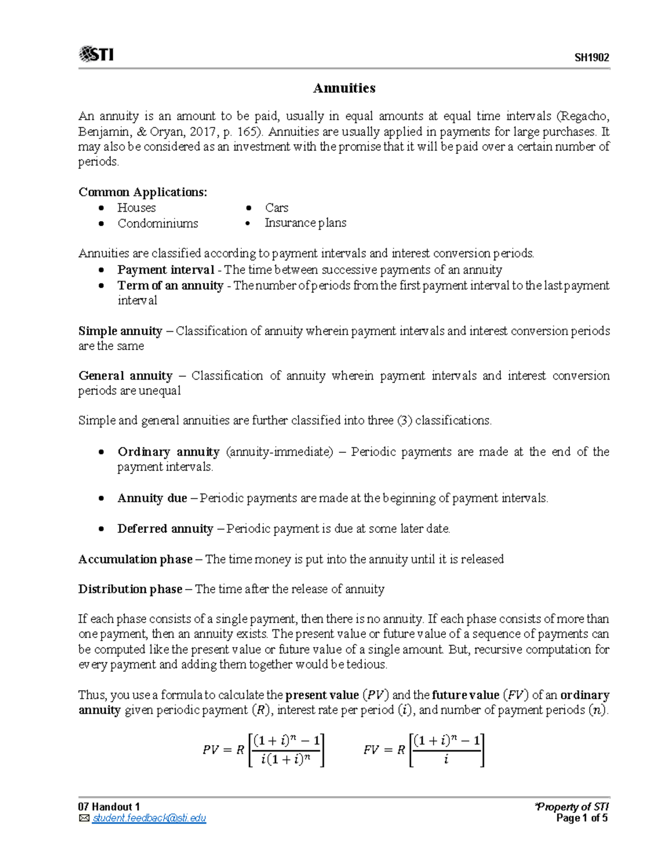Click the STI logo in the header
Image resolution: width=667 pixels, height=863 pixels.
click(x=97, y=54)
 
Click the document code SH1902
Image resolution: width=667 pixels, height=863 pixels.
click(x=591, y=58)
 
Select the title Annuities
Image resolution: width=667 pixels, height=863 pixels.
click(x=344, y=88)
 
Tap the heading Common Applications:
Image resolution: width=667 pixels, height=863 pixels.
click(x=143, y=192)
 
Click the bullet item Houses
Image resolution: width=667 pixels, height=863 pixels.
click(x=136, y=208)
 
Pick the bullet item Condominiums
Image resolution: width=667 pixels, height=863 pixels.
click(x=157, y=223)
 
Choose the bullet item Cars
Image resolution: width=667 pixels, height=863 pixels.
click(x=276, y=208)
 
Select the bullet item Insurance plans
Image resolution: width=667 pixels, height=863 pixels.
click(x=305, y=223)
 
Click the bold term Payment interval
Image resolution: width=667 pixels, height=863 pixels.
click(x=166, y=270)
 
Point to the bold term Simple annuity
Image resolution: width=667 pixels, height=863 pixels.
click(x=120, y=331)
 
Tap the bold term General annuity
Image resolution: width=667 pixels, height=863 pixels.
click(x=126, y=376)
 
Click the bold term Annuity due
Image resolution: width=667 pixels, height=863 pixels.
click(x=152, y=498)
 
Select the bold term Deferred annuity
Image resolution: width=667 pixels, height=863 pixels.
click(x=165, y=529)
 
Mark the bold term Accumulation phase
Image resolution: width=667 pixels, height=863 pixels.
click(x=136, y=560)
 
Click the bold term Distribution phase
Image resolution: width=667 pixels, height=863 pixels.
click(x=130, y=590)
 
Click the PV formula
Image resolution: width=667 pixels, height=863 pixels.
click(x=263, y=750)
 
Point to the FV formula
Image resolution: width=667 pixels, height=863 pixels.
click(x=424, y=750)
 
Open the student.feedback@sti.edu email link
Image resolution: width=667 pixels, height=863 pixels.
click(x=149, y=819)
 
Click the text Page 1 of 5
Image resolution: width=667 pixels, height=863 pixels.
click(x=581, y=819)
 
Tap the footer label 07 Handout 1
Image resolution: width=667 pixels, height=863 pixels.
click(x=109, y=807)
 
